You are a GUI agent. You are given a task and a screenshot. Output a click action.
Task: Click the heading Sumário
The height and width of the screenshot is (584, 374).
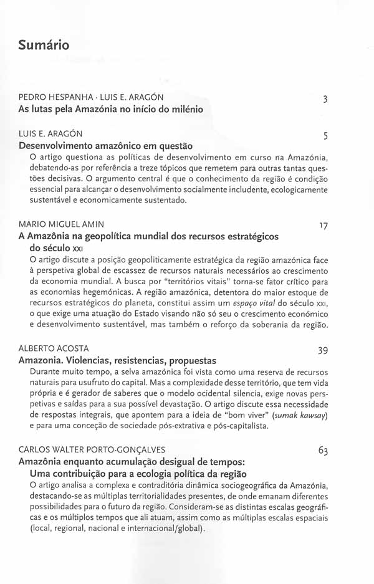(44, 45)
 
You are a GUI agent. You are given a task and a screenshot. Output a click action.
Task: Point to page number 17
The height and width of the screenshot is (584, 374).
(323, 226)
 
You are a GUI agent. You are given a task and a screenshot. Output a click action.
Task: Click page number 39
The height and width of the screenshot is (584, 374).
(323, 351)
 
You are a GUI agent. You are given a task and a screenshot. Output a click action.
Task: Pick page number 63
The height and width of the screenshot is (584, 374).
(323, 451)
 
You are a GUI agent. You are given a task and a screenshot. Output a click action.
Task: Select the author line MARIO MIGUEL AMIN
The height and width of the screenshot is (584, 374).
(61, 224)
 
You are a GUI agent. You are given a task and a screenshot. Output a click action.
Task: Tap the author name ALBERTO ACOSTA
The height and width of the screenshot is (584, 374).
(54, 348)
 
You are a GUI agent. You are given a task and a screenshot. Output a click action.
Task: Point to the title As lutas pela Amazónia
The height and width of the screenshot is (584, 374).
(110, 109)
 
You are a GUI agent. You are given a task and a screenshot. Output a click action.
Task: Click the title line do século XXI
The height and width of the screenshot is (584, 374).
(57, 247)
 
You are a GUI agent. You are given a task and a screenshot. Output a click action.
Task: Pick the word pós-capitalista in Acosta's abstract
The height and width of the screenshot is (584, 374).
(235, 426)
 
